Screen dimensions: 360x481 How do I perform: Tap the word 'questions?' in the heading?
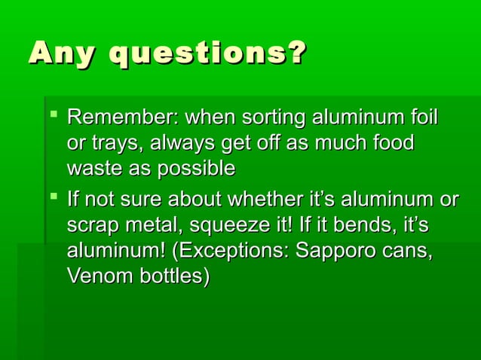pos(209,54)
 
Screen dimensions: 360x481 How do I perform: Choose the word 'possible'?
pos(195,168)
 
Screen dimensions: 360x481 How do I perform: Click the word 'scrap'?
pos(90,226)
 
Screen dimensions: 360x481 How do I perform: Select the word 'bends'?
pos(362,226)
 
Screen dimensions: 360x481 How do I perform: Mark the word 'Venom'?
pos(95,276)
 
